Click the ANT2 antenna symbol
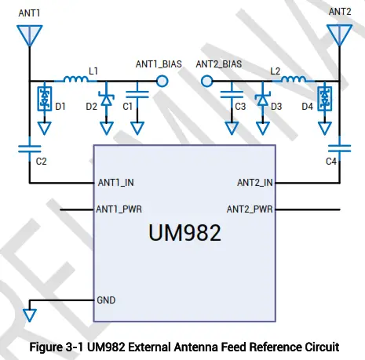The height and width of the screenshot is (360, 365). [x=339, y=35]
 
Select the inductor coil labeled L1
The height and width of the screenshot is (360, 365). [x=75, y=79]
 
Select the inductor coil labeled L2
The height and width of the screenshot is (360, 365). [x=292, y=79]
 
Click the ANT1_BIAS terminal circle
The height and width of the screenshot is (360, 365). [x=162, y=81]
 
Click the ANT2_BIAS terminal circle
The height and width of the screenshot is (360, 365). [x=206, y=81]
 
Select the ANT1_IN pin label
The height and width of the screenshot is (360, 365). [x=115, y=183]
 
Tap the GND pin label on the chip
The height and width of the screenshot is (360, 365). [x=106, y=300]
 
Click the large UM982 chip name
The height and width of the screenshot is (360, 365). [x=184, y=233]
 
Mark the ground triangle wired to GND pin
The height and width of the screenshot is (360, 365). [x=30, y=315]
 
